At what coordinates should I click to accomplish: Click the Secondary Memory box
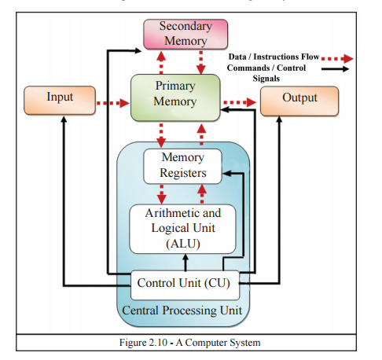[x=184, y=35]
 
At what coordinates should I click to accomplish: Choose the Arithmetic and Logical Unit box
[x=183, y=228]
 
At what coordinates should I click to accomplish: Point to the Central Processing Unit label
[x=182, y=311]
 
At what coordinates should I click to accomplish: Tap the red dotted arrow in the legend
[x=338, y=59]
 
